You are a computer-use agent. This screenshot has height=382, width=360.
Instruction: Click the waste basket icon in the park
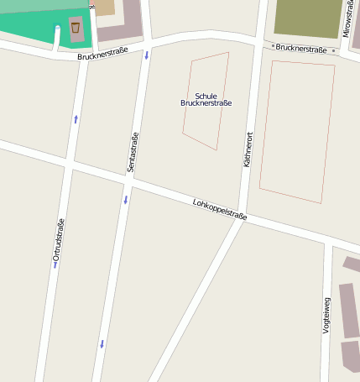76,28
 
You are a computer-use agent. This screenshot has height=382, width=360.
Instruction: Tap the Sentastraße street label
133,153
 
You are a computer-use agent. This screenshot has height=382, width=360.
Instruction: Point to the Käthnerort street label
248,148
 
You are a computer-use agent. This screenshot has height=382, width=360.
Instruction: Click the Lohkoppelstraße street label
220,209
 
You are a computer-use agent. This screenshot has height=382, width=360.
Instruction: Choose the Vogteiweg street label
326,316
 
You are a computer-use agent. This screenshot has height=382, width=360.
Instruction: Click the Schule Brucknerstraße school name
206,100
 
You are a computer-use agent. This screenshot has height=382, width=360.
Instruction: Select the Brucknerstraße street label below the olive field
300,49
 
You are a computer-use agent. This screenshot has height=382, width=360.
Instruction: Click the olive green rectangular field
308,18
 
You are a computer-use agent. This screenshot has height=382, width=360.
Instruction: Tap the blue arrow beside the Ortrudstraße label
55,264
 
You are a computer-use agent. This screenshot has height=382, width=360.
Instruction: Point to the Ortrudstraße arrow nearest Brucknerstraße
76,119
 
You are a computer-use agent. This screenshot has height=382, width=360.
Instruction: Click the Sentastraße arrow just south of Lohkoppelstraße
126,200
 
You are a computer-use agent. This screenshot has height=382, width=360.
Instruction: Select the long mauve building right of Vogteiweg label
349,311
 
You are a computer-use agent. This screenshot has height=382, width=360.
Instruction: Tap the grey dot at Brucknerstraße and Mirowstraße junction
333,50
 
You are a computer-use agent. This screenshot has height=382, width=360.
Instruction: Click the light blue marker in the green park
57,28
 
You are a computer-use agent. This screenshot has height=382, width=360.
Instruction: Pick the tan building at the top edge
104,7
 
